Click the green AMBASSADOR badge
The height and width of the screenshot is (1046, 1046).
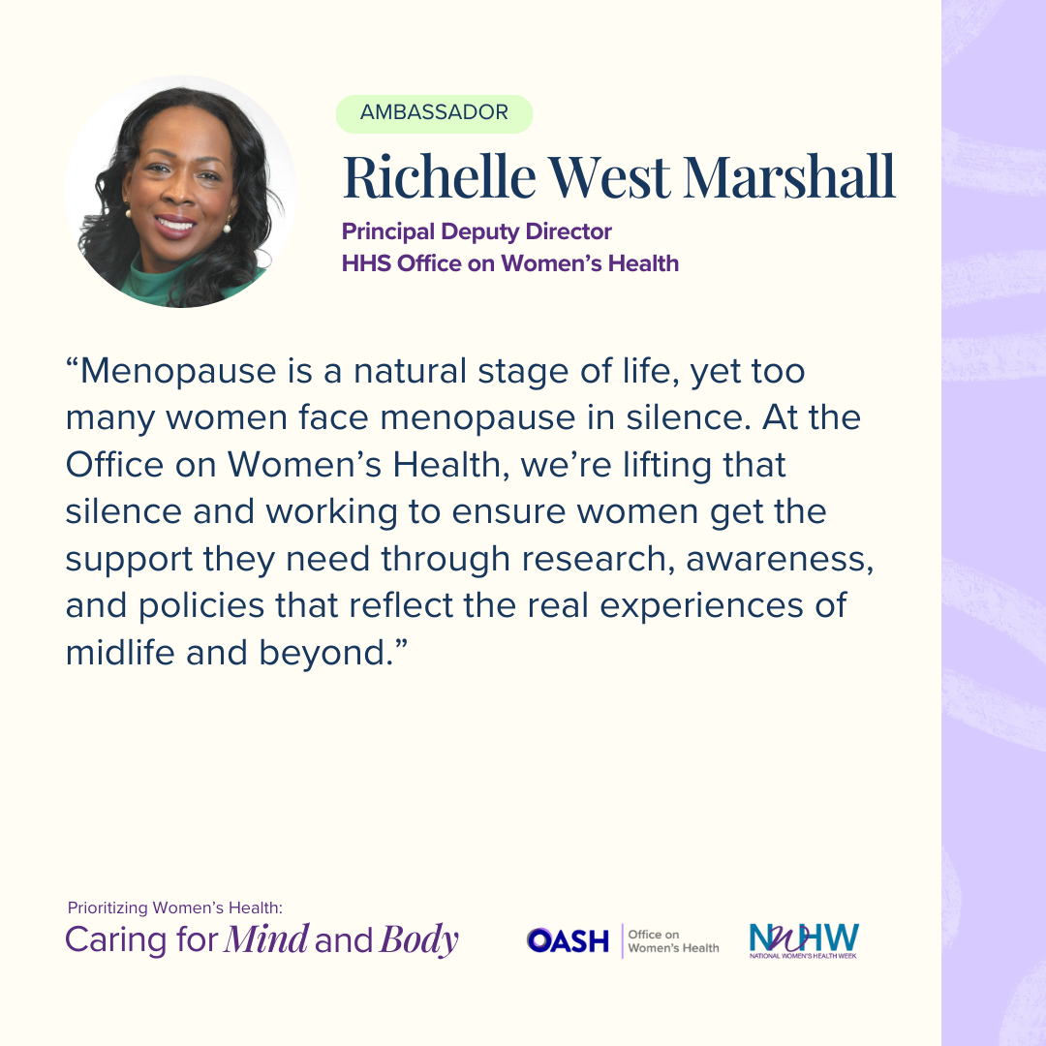point(434,113)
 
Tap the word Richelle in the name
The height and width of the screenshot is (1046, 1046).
point(439,177)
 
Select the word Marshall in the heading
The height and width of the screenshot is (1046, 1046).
point(789,177)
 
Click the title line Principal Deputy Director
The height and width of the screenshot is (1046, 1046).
point(477,231)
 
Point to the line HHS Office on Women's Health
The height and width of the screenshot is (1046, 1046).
point(510,262)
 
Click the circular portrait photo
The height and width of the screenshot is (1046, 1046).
point(180,192)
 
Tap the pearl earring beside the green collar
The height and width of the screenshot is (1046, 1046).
point(227,230)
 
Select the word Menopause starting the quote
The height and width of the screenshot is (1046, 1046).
point(178,371)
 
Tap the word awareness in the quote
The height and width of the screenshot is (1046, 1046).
point(780,559)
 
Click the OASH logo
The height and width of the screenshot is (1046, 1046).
point(568,940)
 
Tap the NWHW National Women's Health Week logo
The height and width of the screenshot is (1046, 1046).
point(804,940)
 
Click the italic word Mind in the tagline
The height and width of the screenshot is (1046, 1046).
point(266,939)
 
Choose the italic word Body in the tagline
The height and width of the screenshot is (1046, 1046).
point(419,940)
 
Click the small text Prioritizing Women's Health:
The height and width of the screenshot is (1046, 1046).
point(174,908)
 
